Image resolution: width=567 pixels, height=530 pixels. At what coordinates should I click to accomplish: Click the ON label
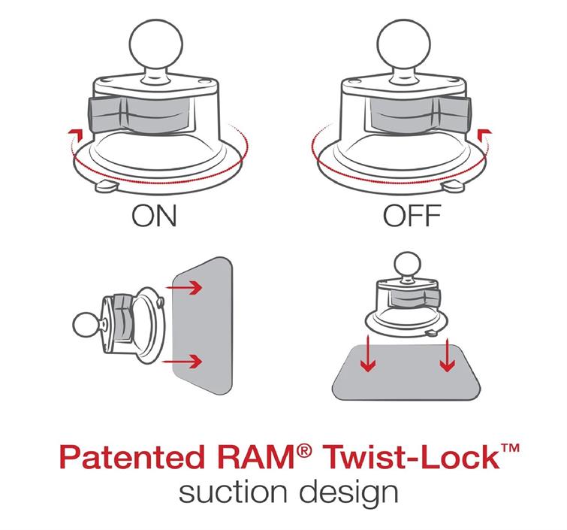pos(154,216)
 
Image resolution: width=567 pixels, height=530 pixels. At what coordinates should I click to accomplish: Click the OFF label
pos(412,216)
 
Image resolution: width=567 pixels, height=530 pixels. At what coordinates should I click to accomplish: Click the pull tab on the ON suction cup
pos(107,186)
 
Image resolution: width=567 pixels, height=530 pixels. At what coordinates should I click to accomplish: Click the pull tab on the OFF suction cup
pos(452,186)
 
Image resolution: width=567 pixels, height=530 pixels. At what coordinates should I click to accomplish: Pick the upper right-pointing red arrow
pos(184,287)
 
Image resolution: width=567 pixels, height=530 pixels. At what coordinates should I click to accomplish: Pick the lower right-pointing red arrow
pos(182,361)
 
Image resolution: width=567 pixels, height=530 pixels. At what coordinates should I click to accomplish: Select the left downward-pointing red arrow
pos(368,353)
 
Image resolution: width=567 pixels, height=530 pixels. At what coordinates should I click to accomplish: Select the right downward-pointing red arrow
pos(448,355)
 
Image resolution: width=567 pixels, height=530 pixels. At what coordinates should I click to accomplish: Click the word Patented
pos(132,457)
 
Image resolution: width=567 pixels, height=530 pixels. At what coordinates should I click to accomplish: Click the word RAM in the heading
pos(257,457)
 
